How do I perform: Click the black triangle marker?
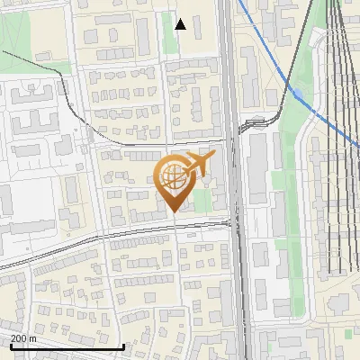click(x=181, y=24)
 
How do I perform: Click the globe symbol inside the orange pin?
click(x=173, y=177)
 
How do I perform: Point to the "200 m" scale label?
click(x=23, y=338)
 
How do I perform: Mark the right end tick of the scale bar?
click(x=123, y=346)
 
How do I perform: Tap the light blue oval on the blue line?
click(x=297, y=92)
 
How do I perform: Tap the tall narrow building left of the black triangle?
click(x=143, y=34)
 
